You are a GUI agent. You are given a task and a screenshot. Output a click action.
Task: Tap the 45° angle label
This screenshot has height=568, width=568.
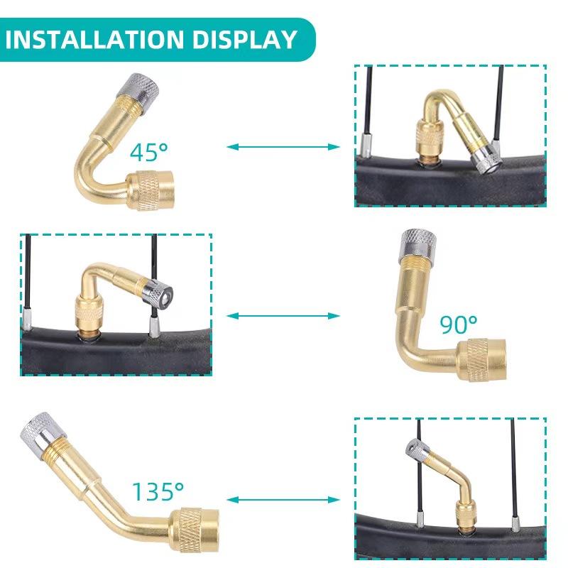tap(149, 151)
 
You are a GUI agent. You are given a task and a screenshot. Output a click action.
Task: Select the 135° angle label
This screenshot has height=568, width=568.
tap(157, 491)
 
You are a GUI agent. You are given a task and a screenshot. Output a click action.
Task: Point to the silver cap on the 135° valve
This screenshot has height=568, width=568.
tap(33, 427)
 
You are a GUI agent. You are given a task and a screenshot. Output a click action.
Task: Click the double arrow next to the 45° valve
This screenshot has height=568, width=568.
tap(283, 147)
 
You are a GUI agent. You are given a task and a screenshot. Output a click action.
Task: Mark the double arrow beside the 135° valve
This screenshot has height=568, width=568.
tap(283, 500)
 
